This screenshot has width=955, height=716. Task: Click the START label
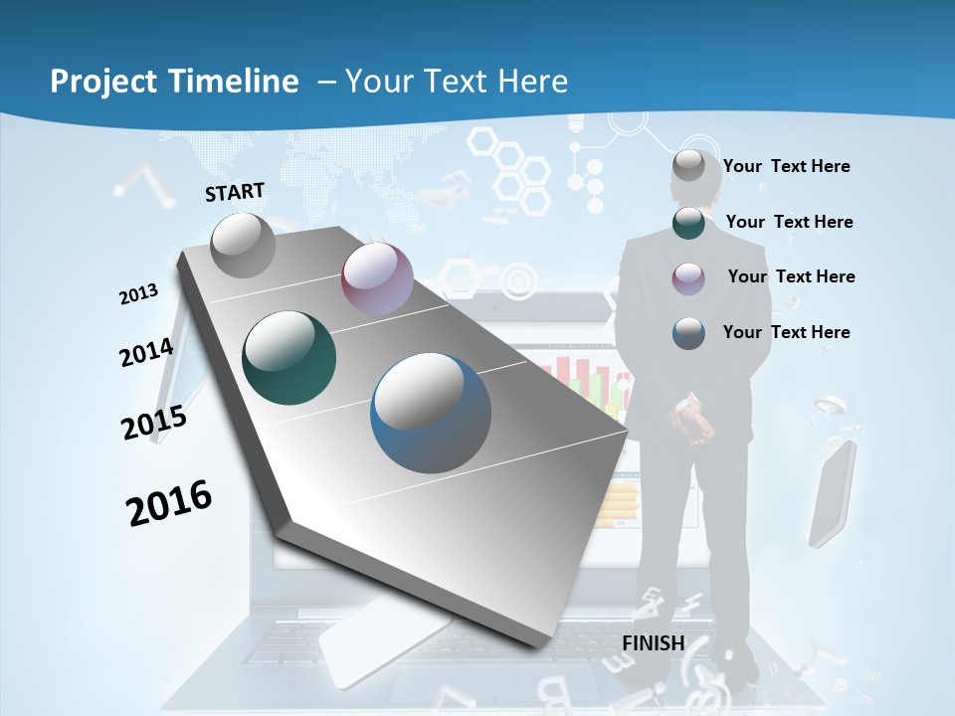[235, 192]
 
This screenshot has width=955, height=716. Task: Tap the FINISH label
[653, 643]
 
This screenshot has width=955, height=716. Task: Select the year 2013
[139, 294]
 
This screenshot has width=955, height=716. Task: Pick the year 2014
[147, 353]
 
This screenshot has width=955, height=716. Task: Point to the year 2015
[154, 423]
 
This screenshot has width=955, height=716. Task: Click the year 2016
[169, 503]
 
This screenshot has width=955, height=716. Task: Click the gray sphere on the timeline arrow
[244, 245]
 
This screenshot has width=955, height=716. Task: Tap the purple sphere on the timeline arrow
[377, 278]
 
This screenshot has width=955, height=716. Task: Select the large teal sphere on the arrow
[289, 358]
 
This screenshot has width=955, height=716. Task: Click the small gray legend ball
[688, 167]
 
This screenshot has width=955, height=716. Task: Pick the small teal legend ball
[688, 223]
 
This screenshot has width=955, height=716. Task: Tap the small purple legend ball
[688, 277]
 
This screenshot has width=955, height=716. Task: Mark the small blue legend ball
[688, 333]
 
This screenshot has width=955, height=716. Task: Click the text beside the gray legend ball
[786, 167]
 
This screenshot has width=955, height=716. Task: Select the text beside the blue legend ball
[786, 332]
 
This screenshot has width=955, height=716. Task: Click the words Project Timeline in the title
[174, 82]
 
